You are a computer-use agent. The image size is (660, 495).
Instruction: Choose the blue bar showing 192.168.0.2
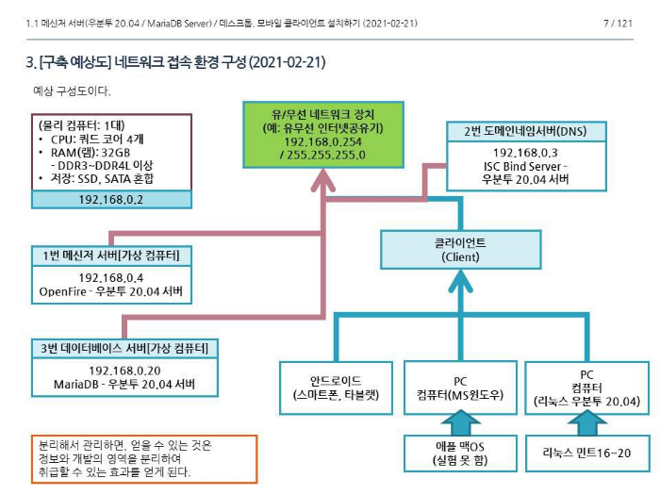point(111,199)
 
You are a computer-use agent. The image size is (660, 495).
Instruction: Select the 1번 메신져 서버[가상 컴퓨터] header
point(111,256)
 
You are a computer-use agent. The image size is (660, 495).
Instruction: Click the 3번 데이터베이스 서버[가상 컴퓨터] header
point(124,348)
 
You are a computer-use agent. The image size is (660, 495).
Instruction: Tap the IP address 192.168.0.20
point(124,370)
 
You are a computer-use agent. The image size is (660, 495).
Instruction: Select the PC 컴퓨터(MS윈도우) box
point(461,388)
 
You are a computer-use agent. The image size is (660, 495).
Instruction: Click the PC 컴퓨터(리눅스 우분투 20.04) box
point(586,388)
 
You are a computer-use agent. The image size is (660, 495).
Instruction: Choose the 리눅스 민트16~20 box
point(586,453)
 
